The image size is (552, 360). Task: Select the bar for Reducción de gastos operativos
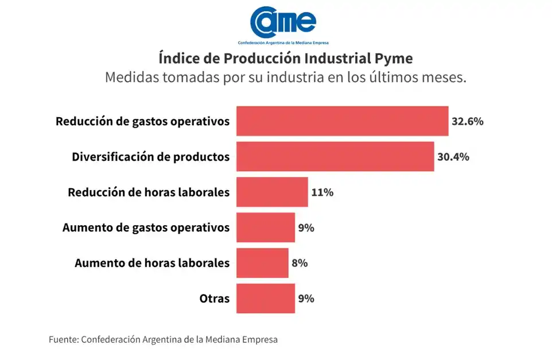(x=342, y=121)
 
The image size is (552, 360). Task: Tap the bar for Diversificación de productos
(x=335, y=156)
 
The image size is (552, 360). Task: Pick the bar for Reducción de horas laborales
(x=272, y=192)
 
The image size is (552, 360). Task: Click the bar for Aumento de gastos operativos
(x=266, y=227)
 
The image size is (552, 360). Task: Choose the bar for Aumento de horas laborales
(x=262, y=263)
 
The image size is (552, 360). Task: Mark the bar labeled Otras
(x=266, y=299)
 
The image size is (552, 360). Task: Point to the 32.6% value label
(x=468, y=121)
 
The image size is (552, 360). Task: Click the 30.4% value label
(x=453, y=156)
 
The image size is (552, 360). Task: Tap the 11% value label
(x=322, y=192)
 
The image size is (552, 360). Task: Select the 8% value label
(x=300, y=263)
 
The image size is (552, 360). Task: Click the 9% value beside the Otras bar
(x=306, y=299)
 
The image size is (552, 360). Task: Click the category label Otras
(x=215, y=299)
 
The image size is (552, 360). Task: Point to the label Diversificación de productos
(x=151, y=156)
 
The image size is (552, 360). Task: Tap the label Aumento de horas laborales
(x=152, y=263)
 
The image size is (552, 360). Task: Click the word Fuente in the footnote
(x=63, y=339)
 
